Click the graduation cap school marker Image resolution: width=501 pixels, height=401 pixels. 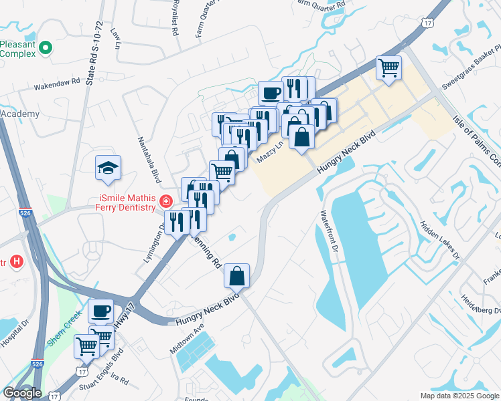click(107, 168)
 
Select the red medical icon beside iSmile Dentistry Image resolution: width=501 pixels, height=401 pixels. click(165, 200)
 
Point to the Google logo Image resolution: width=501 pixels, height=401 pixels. click(22, 393)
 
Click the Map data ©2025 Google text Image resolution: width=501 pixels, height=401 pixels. click(459, 396)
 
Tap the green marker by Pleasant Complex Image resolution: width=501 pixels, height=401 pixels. click(46, 47)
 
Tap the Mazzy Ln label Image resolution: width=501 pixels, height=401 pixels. click(271, 153)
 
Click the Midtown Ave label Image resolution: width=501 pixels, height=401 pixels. click(186, 340)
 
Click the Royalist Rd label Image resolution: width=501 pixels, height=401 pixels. click(175, 18)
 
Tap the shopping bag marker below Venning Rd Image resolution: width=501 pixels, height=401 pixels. click(237, 275)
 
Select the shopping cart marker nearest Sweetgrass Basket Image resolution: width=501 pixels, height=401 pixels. click(388, 68)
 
